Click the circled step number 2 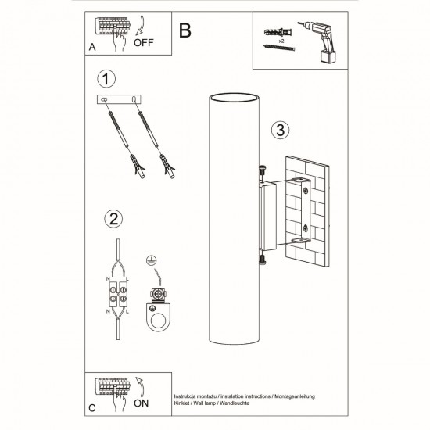click(114, 219)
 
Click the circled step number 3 click(281, 130)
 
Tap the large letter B click(185, 30)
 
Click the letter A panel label click(92, 48)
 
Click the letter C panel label click(92, 407)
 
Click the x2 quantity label click(281, 37)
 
